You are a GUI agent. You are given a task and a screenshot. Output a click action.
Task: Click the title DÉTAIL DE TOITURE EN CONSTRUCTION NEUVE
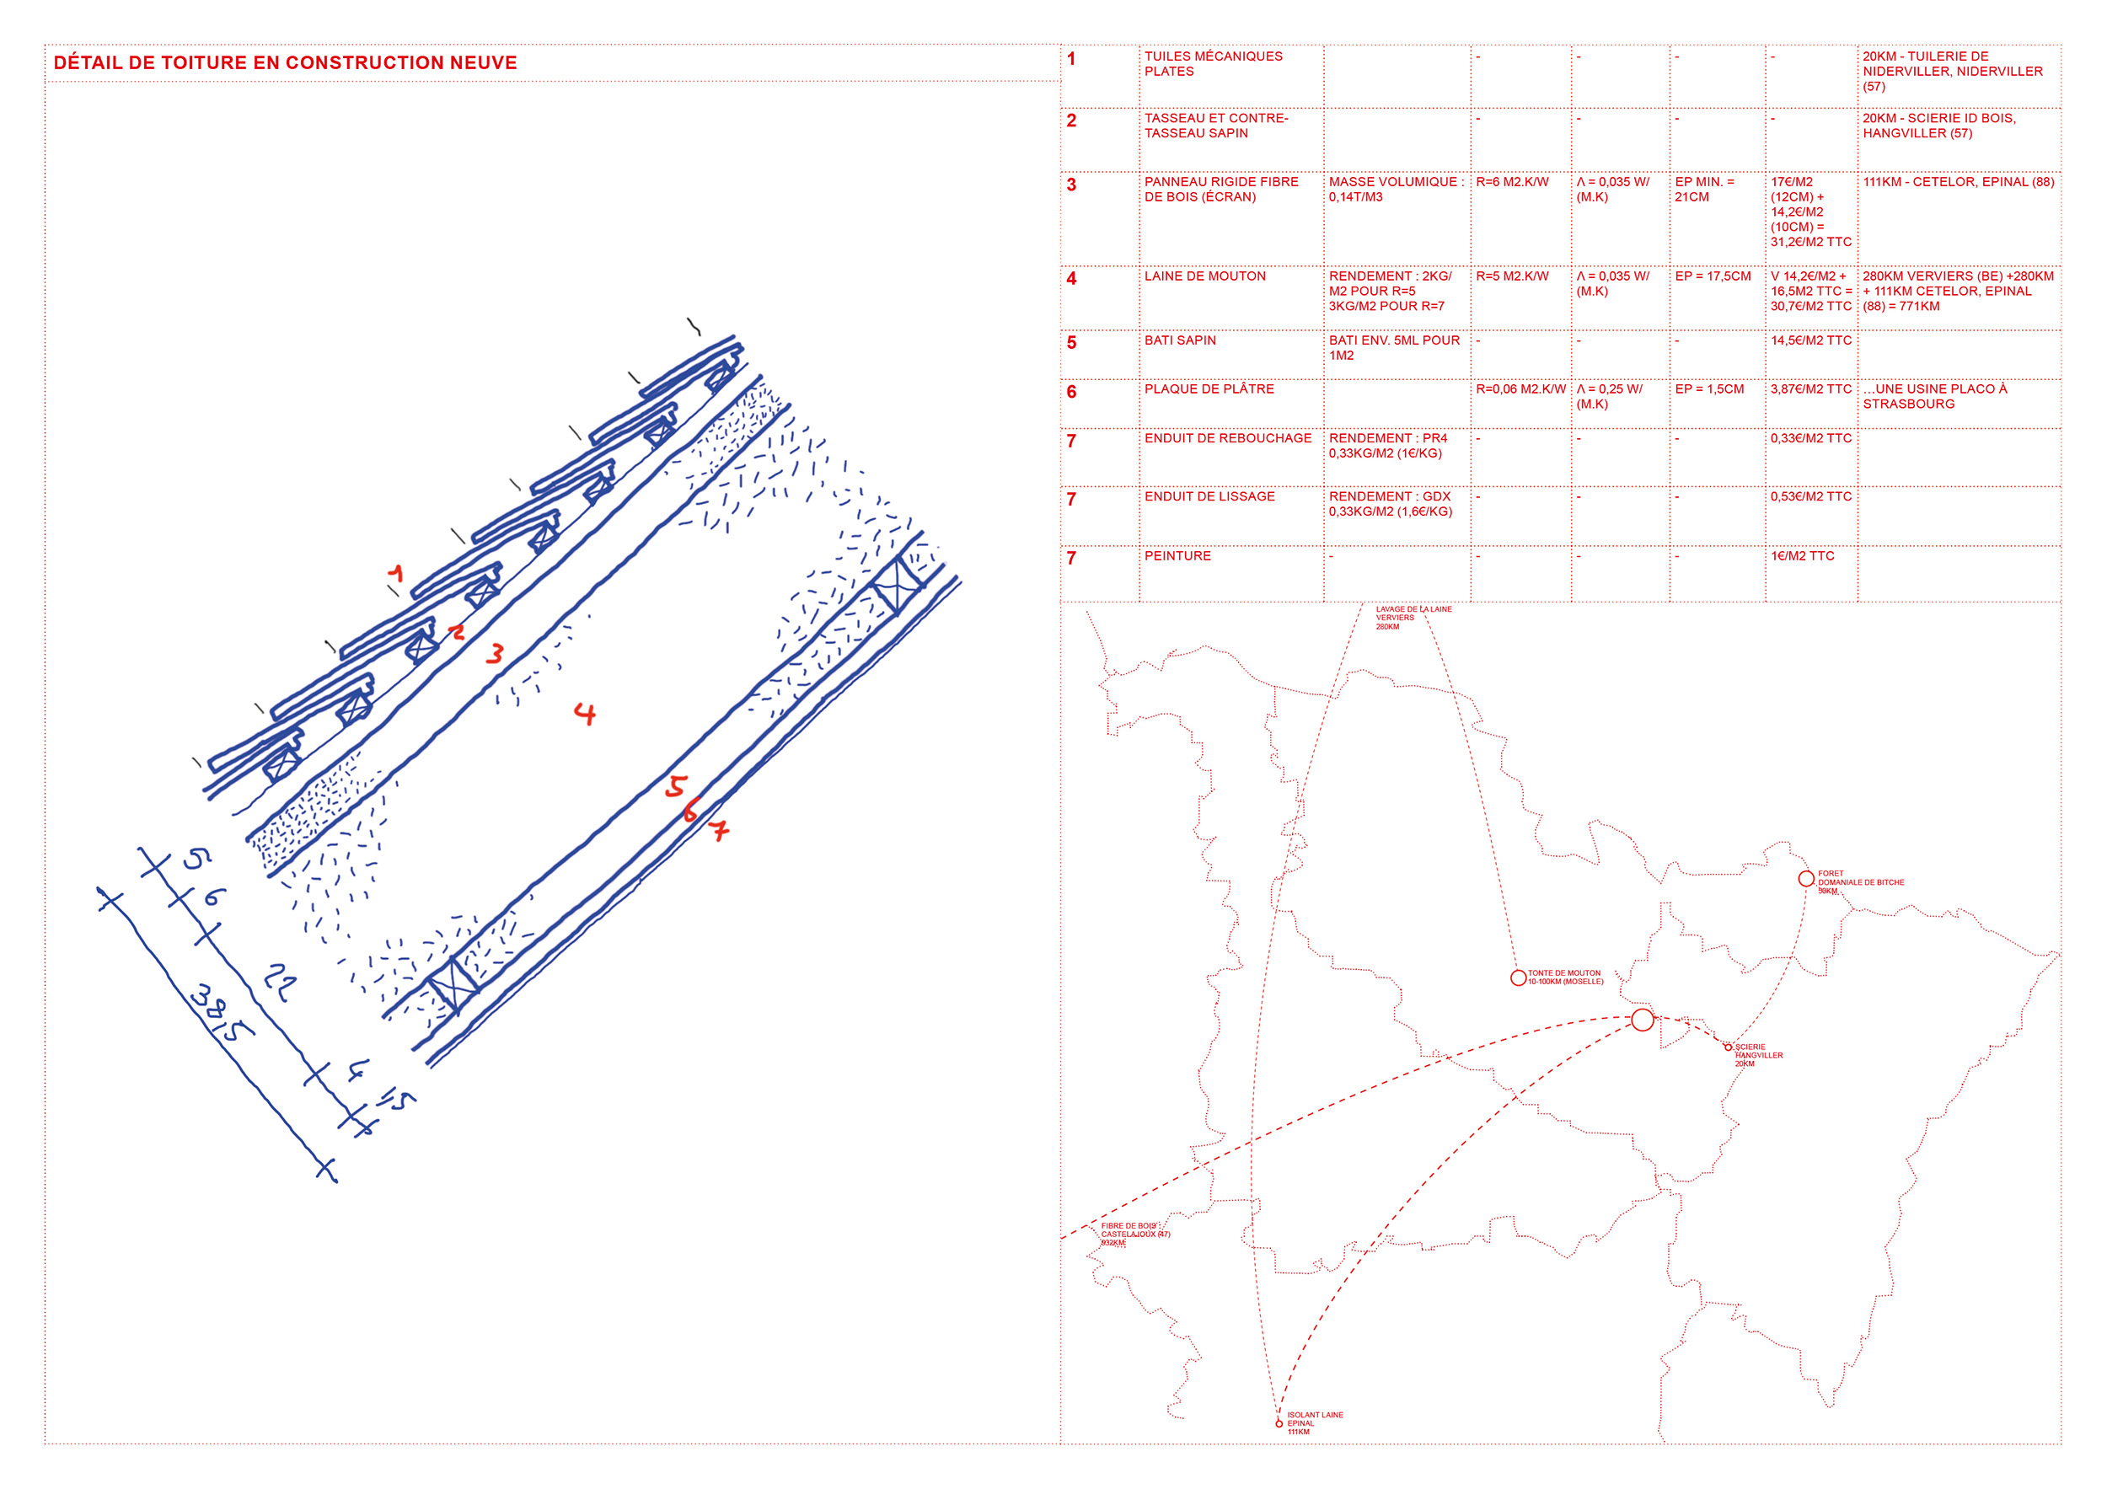tap(285, 63)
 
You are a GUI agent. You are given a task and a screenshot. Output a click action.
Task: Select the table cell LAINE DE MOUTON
tap(1204, 276)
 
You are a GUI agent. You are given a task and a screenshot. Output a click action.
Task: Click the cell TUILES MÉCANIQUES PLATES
tap(1212, 63)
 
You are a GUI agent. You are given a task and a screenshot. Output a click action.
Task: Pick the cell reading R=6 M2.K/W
tap(1511, 183)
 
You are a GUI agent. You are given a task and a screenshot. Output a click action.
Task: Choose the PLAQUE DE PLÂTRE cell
tap(1209, 389)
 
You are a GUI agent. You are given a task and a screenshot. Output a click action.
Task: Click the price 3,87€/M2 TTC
tap(1810, 389)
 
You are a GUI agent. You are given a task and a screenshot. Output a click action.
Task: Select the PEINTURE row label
tap(1177, 556)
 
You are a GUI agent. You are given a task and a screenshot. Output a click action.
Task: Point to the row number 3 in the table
tap(1071, 185)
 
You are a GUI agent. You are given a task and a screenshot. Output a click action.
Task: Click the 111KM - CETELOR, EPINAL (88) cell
tap(1958, 183)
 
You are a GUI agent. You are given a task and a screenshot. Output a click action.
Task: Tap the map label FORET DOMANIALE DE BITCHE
tap(1859, 881)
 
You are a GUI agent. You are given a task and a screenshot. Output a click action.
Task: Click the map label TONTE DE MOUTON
tap(1564, 977)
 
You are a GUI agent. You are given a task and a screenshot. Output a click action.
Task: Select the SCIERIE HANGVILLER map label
tap(1757, 1055)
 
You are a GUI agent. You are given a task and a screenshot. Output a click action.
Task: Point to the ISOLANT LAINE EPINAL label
tap(1313, 1423)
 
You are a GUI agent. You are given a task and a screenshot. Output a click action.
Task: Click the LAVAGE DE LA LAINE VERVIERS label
tap(1413, 618)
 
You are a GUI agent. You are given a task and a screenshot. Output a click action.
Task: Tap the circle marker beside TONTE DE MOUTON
tap(1518, 978)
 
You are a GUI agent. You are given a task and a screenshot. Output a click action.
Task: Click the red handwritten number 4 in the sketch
tap(585, 713)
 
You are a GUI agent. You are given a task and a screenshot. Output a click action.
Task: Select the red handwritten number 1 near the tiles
tap(395, 575)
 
